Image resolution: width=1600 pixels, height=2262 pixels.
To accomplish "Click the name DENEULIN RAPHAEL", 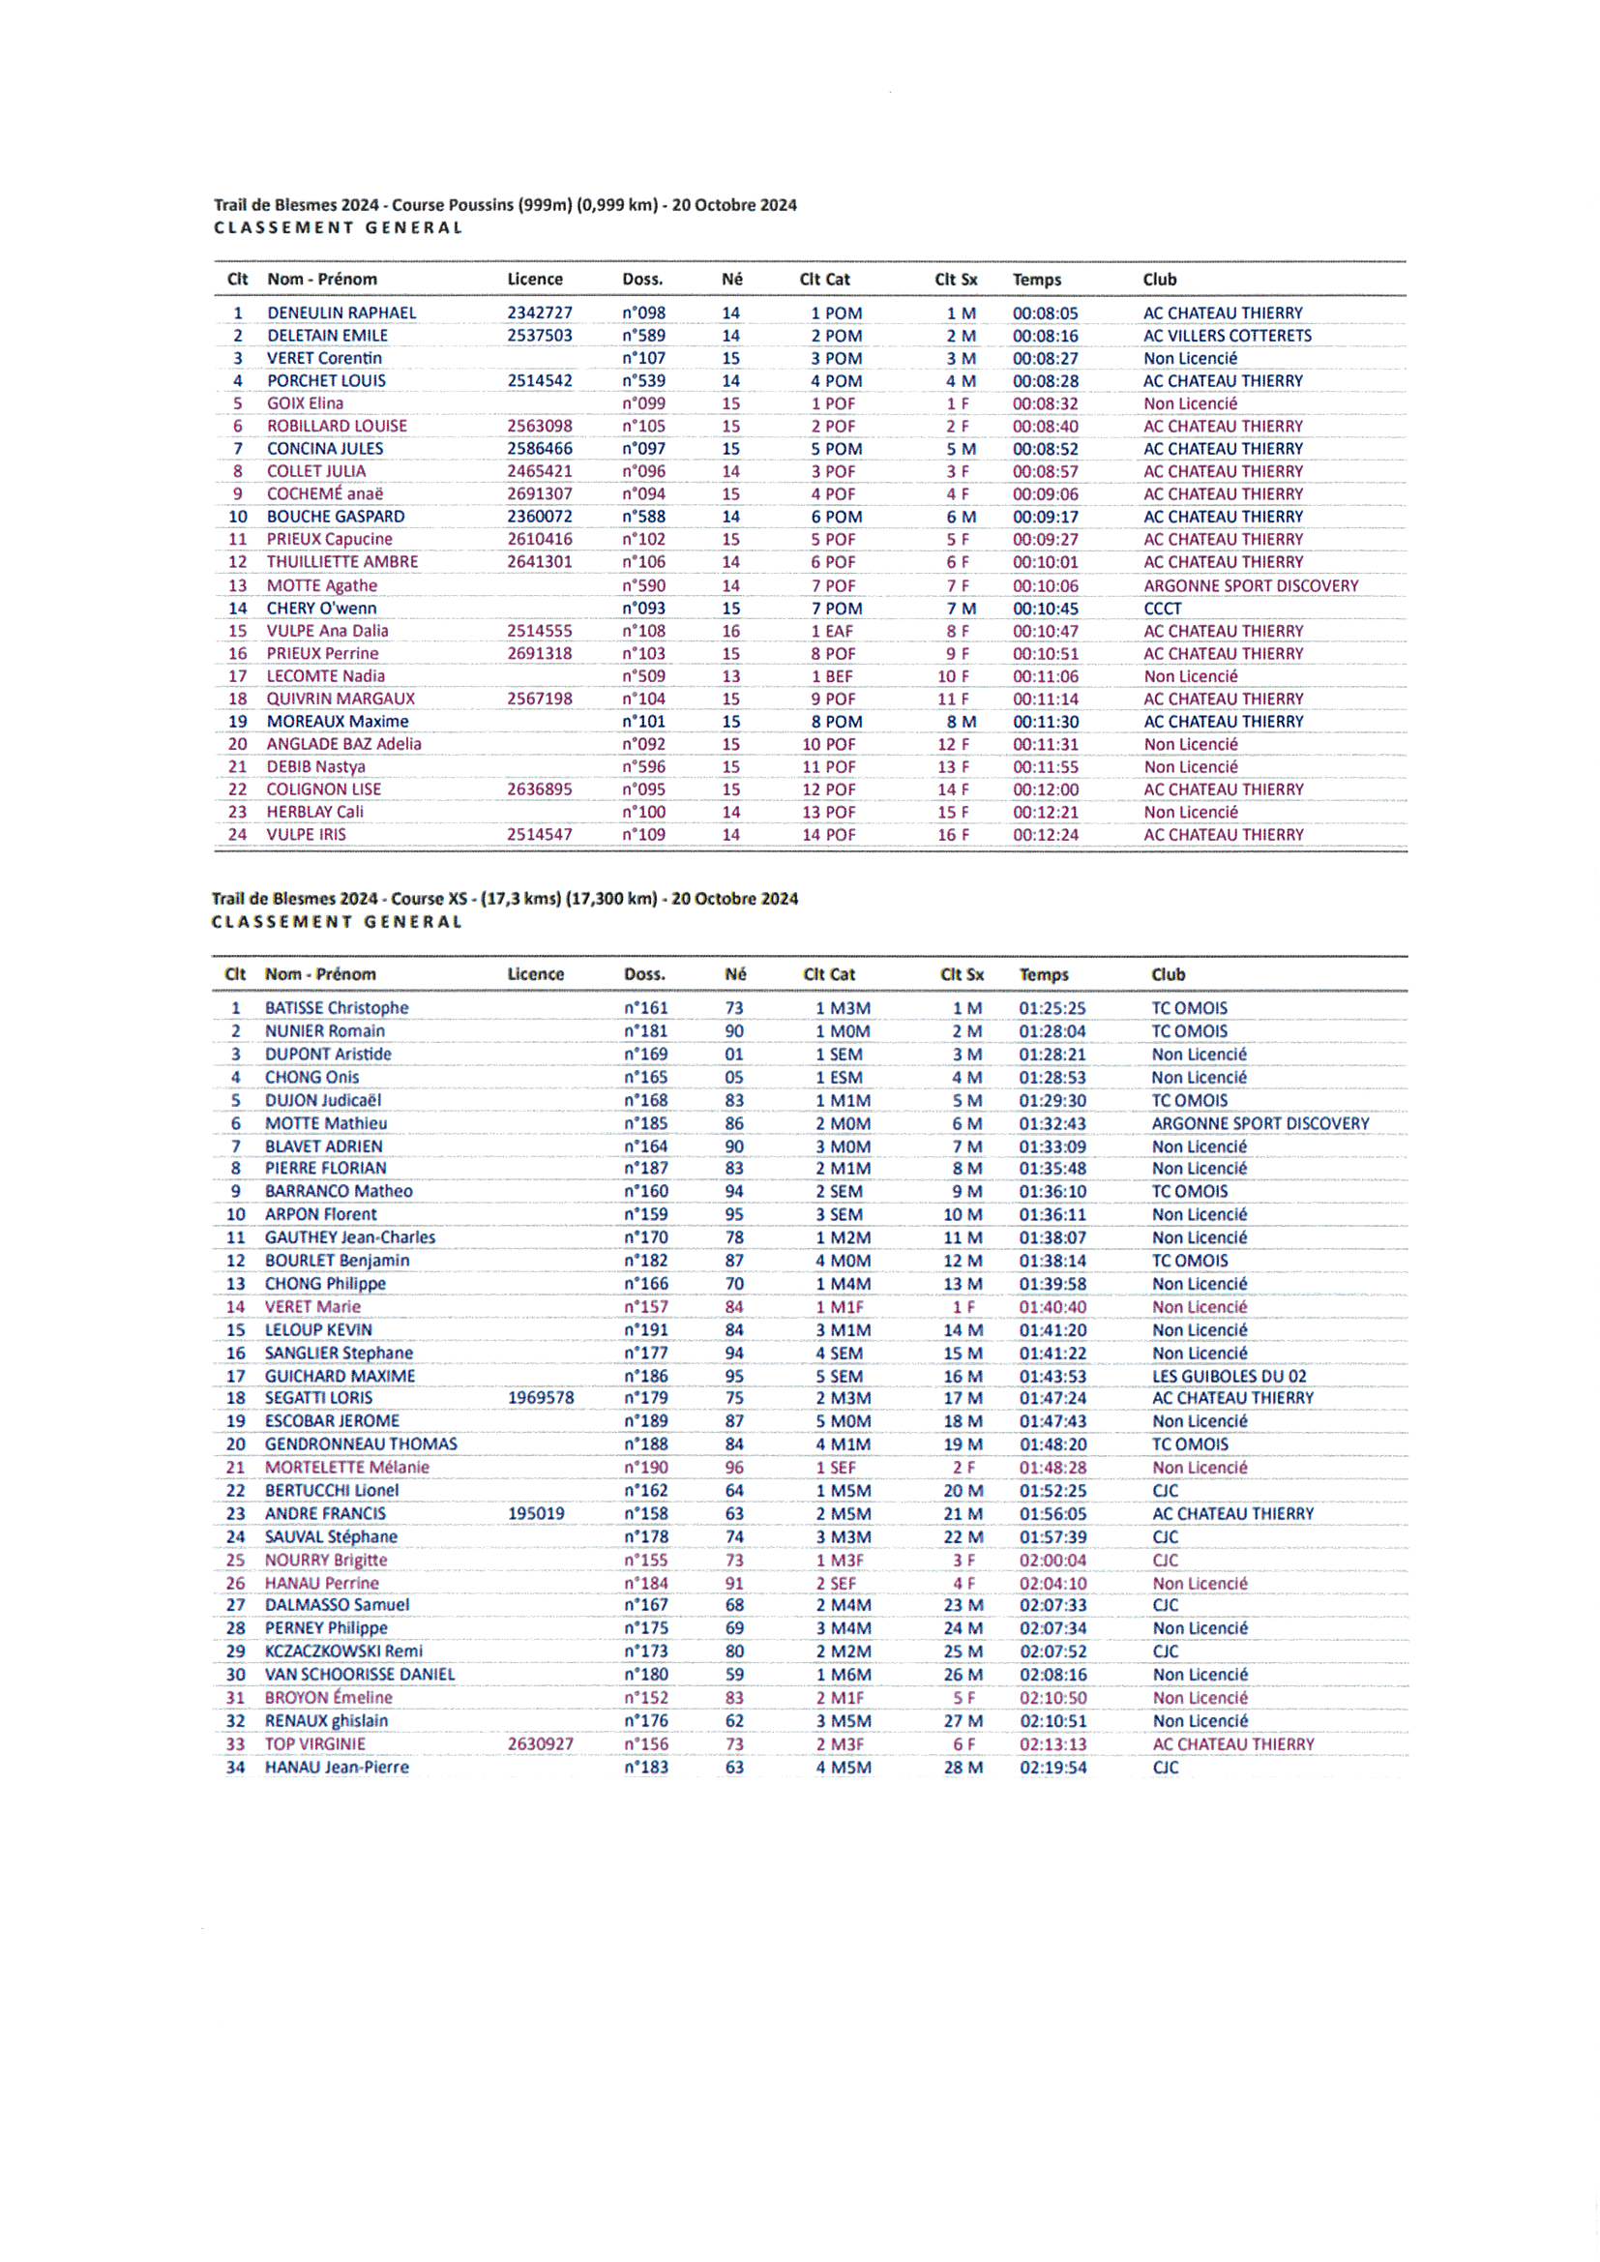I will tap(341, 313).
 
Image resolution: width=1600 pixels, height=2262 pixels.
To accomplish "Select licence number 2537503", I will tap(539, 336).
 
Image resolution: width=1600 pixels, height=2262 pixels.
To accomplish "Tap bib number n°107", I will tap(643, 359).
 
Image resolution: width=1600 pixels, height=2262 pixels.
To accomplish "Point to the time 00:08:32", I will tap(1045, 404).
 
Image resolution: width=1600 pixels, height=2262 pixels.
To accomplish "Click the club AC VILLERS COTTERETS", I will tap(1227, 336).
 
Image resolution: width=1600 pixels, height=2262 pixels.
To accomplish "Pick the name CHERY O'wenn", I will tap(321, 609).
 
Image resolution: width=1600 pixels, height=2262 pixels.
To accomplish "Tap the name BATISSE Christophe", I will tap(336, 1008).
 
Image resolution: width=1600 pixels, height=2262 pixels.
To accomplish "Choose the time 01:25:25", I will tap(1052, 1009).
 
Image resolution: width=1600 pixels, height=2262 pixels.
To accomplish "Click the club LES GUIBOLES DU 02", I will tap(1229, 1377).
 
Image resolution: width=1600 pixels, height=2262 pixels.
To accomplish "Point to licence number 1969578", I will tap(540, 1398).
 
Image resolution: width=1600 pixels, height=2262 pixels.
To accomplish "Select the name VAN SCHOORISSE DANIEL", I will tap(360, 1675).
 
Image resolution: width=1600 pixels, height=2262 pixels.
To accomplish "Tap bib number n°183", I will tap(645, 1768).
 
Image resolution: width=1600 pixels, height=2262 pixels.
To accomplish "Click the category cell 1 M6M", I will tap(843, 1675).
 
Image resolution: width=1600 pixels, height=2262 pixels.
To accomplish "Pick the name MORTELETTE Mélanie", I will tap(347, 1467).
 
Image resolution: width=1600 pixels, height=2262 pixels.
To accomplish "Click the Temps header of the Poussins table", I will tap(1036, 280).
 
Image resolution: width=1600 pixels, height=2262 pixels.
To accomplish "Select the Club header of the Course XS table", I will tap(1168, 974).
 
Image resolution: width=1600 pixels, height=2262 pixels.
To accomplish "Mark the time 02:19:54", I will tap(1052, 1768).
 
